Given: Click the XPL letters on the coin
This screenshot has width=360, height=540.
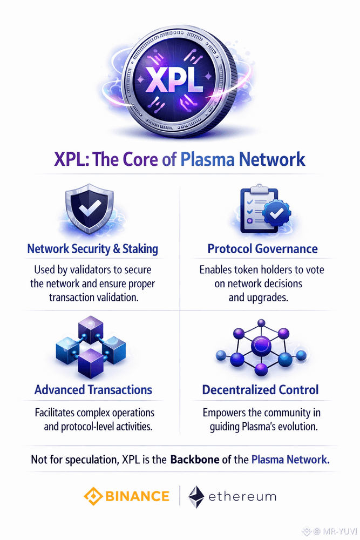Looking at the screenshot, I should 180,83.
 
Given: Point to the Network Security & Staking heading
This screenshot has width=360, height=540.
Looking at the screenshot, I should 92,249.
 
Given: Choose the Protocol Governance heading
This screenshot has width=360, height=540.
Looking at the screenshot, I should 262,249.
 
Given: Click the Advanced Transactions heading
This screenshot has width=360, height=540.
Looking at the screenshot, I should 93,389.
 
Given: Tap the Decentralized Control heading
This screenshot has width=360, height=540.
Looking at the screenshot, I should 260,389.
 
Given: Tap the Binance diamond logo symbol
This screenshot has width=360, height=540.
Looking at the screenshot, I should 92,496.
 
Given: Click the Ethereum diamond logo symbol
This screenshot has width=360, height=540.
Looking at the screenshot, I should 195,496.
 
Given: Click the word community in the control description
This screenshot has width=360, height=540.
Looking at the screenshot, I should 281,413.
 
